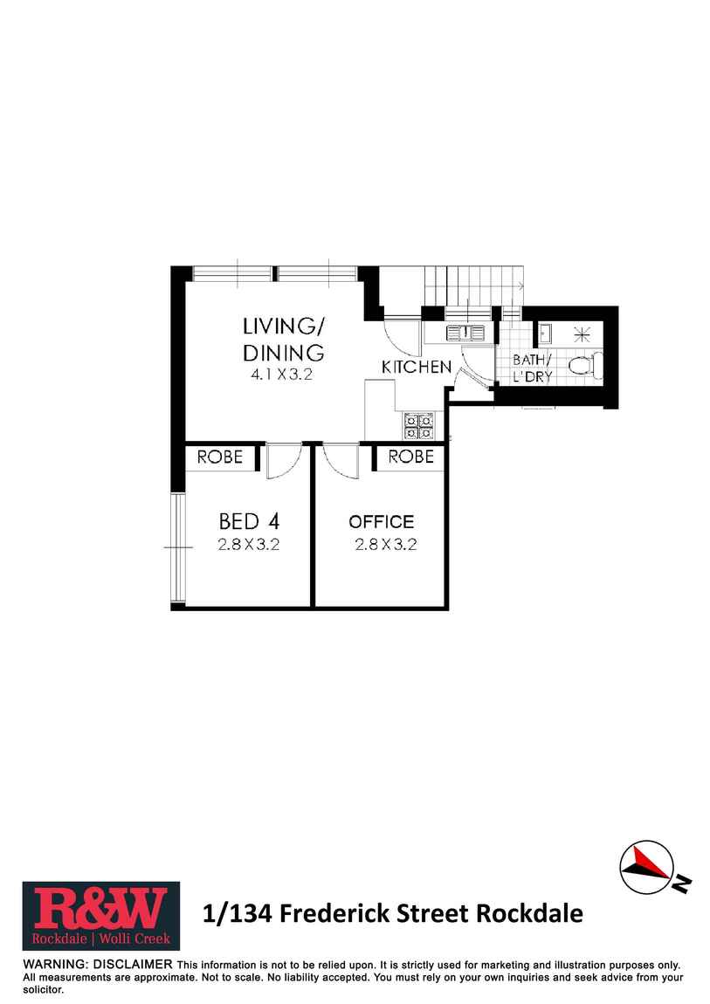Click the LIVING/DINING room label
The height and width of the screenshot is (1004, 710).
pyautogui.click(x=283, y=339)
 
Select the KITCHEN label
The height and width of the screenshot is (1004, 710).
pyautogui.click(x=417, y=368)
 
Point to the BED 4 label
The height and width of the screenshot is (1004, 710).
pyautogui.click(x=249, y=522)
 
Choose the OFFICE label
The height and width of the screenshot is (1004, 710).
pyautogui.click(x=382, y=522)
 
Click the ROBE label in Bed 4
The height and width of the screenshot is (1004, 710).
pyautogui.click(x=220, y=457)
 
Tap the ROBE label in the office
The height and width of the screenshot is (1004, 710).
pyautogui.click(x=410, y=457)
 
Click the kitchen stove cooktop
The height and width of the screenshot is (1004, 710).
pyautogui.click(x=418, y=425)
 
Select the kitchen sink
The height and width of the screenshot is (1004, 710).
pyautogui.click(x=465, y=332)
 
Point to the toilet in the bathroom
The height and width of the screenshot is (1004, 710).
pyautogui.click(x=582, y=366)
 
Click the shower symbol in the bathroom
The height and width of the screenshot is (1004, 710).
pyautogui.click(x=582, y=332)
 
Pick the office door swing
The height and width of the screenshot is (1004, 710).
pyautogui.click(x=341, y=461)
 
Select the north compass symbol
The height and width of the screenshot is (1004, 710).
pyautogui.click(x=647, y=865)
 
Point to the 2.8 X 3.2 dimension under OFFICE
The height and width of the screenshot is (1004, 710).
pyautogui.click(x=385, y=545)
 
